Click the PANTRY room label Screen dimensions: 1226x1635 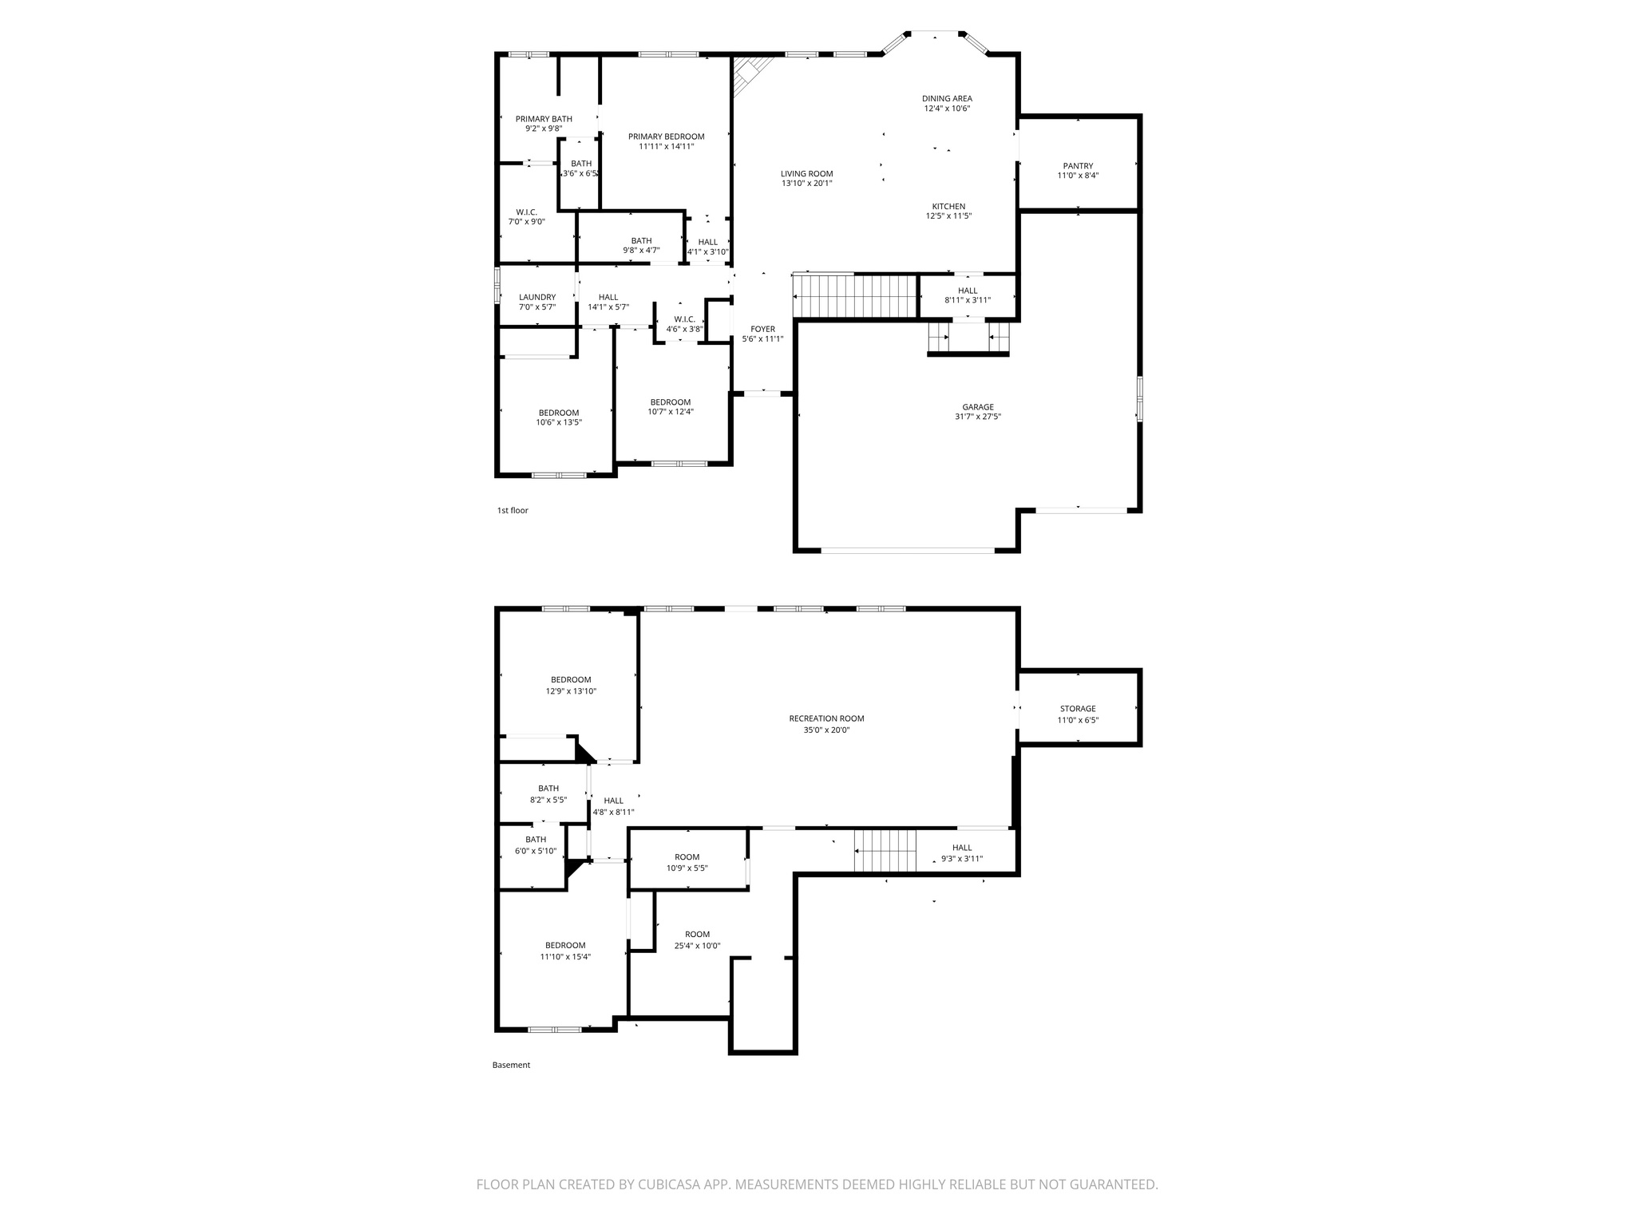click(x=1078, y=166)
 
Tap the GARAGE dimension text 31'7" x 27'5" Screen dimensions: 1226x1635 click(x=977, y=417)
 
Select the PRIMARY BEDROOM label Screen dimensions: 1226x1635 click(x=666, y=136)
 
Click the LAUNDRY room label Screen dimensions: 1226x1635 click(x=536, y=297)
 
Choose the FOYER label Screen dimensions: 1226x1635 click(x=762, y=329)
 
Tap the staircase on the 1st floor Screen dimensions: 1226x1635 click(x=855, y=296)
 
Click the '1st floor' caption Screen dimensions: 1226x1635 click(x=513, y=511)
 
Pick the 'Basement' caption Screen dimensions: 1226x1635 click(x=511, y=1065)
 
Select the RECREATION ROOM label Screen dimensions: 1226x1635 click(x=826, y=718)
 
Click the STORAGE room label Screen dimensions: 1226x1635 click(x=1078, y=709)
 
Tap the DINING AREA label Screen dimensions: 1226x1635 click(x=947, y=99)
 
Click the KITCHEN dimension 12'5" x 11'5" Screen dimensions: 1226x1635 click(x=948, y=216)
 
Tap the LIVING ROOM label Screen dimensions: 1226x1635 click(x=806, y=174)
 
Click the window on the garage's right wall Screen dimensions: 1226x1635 click(x=1139, y=399)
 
